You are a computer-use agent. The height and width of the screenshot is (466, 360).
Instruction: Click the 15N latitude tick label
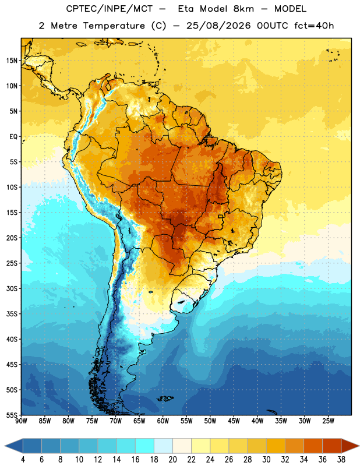point(12,61)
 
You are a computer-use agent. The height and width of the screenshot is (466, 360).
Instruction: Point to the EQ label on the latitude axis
point(13,137)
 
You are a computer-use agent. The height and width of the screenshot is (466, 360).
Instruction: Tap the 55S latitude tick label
point(12,415)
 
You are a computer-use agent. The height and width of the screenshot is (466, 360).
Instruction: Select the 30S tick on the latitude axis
point(12,288)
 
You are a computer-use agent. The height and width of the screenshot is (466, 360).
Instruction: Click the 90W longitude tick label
point(21,421)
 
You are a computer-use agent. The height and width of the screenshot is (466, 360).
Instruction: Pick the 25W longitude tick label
point(328,421)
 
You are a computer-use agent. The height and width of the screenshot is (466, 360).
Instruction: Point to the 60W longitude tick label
point(163,421)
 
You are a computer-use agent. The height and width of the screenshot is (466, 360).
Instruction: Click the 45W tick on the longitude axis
point(234,421)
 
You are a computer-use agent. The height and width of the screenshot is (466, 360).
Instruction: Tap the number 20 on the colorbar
point(172,460)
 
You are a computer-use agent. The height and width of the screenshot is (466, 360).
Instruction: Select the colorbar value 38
point(341,460)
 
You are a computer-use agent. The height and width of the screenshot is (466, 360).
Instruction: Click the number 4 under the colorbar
point(23,460)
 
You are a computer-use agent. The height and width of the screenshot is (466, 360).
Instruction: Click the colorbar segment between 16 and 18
point(145,446)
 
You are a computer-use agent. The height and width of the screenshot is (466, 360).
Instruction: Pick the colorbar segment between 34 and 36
point(313,446)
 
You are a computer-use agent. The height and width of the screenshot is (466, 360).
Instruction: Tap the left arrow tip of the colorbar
point(5,446)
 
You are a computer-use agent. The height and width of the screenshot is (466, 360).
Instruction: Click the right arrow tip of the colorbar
point(359,446)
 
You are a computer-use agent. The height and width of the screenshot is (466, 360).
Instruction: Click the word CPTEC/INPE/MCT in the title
point(110,9)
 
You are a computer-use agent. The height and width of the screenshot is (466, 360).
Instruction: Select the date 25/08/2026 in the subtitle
point(218,26)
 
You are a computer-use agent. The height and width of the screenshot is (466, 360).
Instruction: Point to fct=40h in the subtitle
point(314,26)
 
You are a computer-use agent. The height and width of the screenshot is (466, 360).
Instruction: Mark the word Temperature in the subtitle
point(114,26)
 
